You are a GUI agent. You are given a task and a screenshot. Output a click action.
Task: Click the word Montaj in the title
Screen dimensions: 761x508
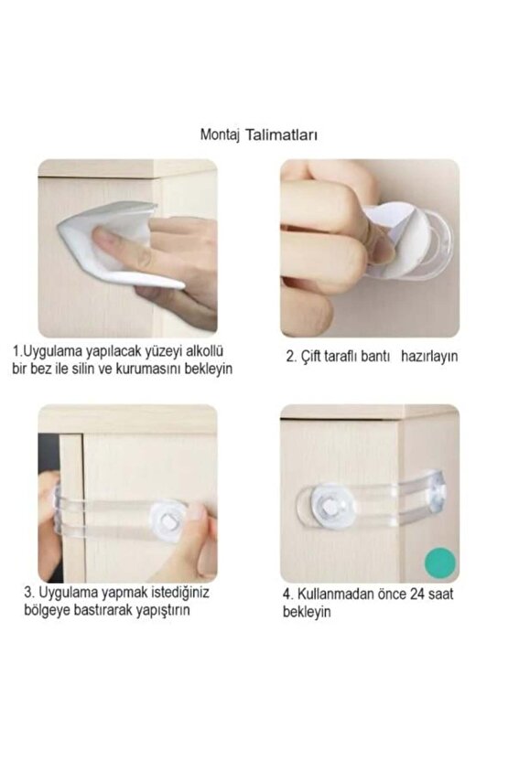(219, 134)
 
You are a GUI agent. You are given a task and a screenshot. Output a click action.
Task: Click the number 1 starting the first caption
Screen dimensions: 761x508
(16, 351)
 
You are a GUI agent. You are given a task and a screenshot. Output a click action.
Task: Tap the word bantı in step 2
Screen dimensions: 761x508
(376, 358)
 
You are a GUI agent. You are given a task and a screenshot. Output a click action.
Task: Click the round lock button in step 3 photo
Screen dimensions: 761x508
(167, 519)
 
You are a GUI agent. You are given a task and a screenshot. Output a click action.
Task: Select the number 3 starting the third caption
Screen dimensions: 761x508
(27, 593)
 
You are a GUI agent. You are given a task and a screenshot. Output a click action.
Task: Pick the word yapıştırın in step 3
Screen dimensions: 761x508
(158, 610)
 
